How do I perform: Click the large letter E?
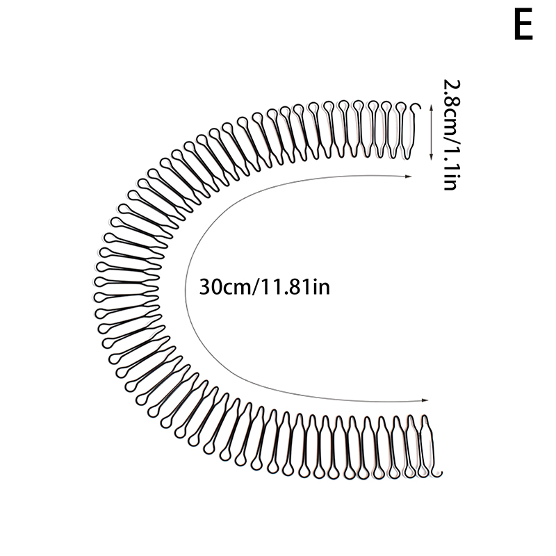click(x=523, y=24)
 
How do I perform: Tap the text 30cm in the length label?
click(x=224, y=287)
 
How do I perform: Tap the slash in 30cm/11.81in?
click(x=256, y=287)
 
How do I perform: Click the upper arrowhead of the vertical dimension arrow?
click(x=431, y=107)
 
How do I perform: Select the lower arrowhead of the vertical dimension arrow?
click(x=431, y=158)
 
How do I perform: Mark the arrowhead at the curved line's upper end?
click(x=408, y=177)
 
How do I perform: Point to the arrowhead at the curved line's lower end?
click(x=425, y=400)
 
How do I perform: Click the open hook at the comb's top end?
click(x=416, y=106)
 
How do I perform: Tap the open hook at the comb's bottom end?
click(x=439, y=473)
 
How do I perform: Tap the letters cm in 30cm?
click(x=237, y=289)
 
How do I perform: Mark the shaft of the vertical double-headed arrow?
click(x=431, y=132)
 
